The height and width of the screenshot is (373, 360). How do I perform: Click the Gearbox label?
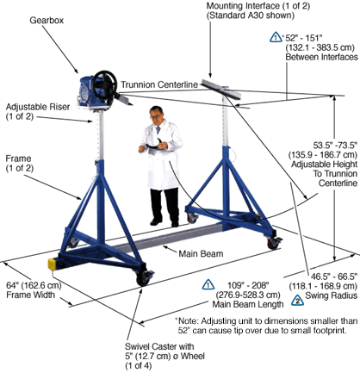tap(47, 21)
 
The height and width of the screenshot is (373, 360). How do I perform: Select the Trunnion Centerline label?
tap(159, 84)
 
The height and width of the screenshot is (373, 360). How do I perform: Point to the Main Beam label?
tap(201, 254)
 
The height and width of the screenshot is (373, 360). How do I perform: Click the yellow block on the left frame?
tap(52, 264)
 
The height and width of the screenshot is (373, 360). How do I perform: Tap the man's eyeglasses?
tap(156, 116)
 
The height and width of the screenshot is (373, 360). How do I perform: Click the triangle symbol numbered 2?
tap(297, 300)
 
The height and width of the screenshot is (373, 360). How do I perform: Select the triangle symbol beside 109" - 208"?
tap(208, 284)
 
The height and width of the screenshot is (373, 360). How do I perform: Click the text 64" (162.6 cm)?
tap(34, 285)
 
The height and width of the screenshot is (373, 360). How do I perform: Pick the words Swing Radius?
tap(331, 295)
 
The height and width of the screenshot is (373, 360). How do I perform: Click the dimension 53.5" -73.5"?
tap(335, 145)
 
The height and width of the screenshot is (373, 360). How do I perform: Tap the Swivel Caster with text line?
tap(159, 346)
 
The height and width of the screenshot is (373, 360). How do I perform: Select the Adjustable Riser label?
tap(38, 107)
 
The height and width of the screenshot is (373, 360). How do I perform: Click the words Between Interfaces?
tap(321, 57)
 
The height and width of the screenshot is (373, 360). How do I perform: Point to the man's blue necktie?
tap(158, 130)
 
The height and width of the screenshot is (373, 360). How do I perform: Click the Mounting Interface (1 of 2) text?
tap(258, 6)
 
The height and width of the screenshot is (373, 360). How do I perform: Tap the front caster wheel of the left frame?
tap(143, 278)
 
